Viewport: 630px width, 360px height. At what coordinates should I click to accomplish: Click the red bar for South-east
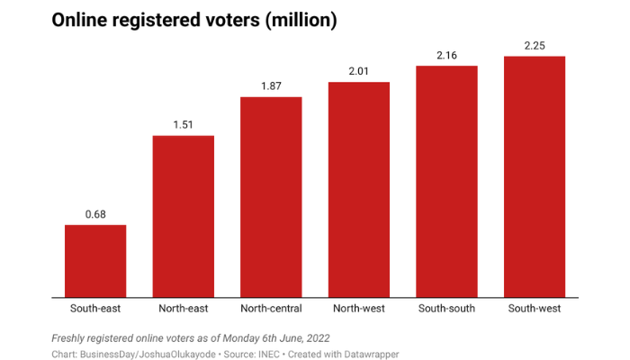(x=95, y=261)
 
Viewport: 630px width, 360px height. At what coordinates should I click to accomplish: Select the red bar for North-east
(x=184, y=216)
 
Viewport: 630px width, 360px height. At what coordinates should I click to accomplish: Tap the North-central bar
(x=271, y=197)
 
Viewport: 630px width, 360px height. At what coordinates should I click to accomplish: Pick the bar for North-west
(x=359, y=190)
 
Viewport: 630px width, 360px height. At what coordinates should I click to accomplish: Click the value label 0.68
(x=95, y=214)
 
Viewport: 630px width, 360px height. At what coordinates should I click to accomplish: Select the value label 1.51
(x=184, y=125)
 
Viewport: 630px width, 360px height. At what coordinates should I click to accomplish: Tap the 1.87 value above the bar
(x=271, y=85)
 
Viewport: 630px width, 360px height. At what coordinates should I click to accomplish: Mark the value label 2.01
(x=359, y=71)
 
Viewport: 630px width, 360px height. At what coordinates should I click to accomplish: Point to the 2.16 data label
(x=446, y=55)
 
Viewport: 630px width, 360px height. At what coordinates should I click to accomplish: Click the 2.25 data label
(x=535, y=45)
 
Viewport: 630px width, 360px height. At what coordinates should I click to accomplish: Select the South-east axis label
(x=95, y=309)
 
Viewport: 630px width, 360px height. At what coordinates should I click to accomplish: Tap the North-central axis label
(x=271, y=309)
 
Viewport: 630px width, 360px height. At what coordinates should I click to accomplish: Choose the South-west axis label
(x=535, y=309)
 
